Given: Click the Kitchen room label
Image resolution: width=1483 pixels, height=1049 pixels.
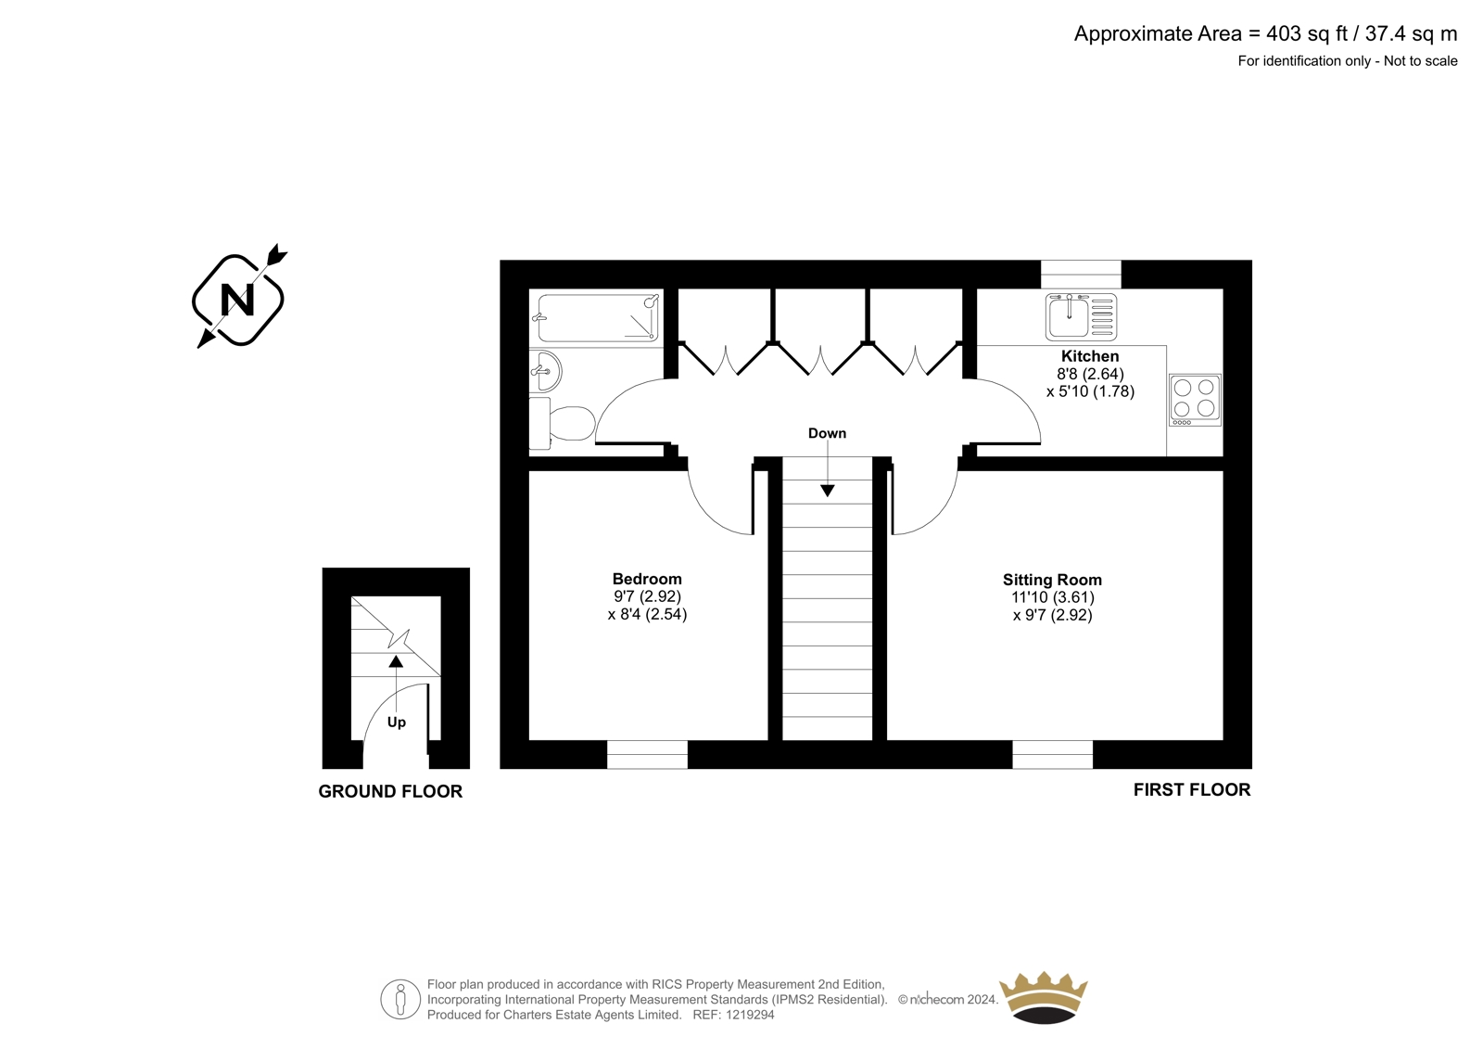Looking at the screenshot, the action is (x=1090, y=356).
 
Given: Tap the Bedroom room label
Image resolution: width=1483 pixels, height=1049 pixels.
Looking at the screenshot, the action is (x=647, y=579).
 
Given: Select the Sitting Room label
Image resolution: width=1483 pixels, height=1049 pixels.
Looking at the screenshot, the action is (x=1052, y=580).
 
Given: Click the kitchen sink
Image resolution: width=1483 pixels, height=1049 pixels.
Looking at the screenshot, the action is (x=1081, y=317).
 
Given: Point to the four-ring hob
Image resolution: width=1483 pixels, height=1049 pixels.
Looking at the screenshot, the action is (x=1195, y=400).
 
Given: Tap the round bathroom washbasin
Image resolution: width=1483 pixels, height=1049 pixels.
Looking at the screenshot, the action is (x=545, y=371).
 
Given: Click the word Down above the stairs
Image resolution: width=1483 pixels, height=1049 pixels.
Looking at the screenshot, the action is (x=827, y=433).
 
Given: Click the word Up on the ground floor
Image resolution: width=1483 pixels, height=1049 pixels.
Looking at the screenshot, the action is (x=396, y=723).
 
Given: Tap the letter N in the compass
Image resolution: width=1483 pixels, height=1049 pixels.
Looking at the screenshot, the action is (x=237, y=301).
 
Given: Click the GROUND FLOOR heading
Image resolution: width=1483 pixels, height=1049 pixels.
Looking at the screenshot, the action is (x=390, y=791).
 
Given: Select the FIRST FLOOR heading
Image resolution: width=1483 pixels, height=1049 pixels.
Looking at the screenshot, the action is (x=1192, y=790).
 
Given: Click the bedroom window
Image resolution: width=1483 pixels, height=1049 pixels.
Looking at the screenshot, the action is (x=647, y=755).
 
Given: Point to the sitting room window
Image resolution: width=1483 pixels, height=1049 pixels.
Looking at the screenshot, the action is (x=1052, y=755).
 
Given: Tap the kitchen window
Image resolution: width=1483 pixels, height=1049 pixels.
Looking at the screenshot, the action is (x=1081, y=275).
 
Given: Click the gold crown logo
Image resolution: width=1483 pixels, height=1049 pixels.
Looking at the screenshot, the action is (x=1043, y=997).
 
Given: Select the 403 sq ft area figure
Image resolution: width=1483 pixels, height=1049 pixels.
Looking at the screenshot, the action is (x=1307, y=33).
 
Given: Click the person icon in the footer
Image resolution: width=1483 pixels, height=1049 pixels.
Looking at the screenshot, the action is (x=399, y=999).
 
